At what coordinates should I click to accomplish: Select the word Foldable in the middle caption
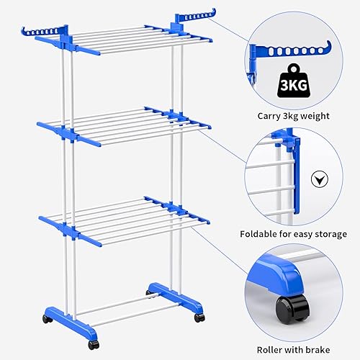pyautogui.click(x=265, y=234)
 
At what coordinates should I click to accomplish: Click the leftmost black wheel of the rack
pyautogui.click(x=47, y=318)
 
